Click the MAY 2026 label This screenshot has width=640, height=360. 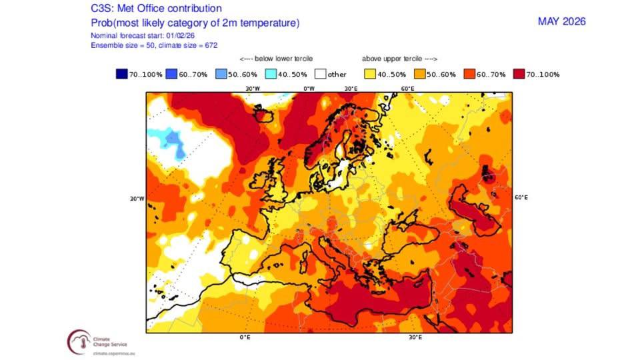[561, 21]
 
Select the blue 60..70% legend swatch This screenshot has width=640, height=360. [171, 74]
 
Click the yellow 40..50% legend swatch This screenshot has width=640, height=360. [369, 74]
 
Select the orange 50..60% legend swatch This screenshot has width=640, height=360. [421, 74]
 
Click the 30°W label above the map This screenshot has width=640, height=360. [252, 88]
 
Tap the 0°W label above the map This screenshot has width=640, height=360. [309, 88]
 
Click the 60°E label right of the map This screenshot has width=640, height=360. [521, 197]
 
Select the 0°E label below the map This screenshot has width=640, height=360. [245, 337]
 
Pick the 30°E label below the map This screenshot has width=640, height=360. [415, 337]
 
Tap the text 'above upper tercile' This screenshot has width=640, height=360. [399, 58]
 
